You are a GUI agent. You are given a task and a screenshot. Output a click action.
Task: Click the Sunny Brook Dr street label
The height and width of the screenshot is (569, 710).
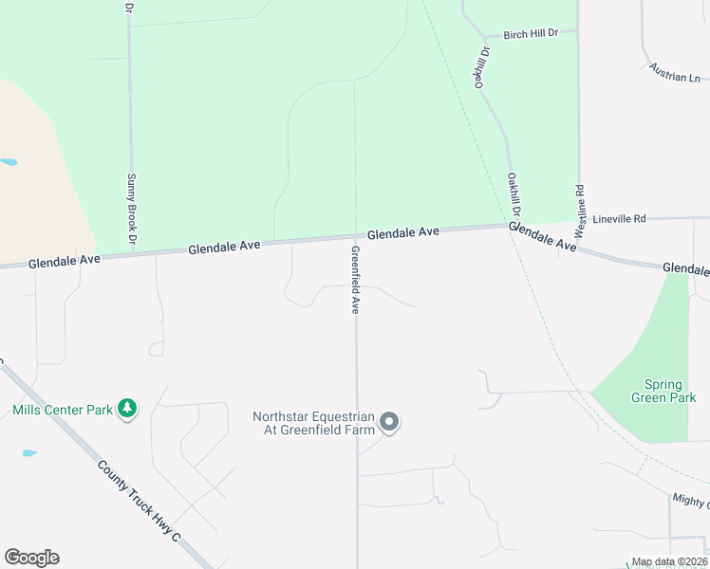click(x=132, y=206)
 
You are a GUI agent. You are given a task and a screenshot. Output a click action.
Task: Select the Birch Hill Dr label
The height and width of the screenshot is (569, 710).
click(x=531, y=33)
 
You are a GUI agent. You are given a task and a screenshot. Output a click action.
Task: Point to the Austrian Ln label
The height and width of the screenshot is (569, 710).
click(x=675, y=72)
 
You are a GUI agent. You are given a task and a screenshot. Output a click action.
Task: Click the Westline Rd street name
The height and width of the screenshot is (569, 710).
click(x=579, y=211)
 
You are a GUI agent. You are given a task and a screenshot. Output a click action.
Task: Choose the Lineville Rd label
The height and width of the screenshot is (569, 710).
click(x=619, y=219)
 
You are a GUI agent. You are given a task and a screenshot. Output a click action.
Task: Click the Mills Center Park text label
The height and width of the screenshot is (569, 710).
click(x=64, y=411)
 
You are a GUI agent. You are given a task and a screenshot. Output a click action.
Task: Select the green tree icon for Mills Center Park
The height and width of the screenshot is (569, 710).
click(x=127, y=409)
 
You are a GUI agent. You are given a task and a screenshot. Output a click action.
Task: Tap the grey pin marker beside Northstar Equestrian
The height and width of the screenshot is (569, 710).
click(x=388, y=422)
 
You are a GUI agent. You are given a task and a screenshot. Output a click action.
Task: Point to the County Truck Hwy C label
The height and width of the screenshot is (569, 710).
click(x=138, y=502)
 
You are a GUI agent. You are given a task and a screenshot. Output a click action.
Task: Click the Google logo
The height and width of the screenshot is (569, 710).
click(x=32, y=558)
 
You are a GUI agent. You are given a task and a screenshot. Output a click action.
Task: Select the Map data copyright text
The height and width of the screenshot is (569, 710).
click(x=669, y=562)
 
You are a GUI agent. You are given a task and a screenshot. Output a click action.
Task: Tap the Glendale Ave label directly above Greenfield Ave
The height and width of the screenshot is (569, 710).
click(x=403, y=232)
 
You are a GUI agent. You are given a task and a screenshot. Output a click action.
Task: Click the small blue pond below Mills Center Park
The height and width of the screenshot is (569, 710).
click(x=29, y=453)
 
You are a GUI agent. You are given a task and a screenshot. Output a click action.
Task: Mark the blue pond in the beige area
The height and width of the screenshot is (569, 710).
click(x=8, y=162)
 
